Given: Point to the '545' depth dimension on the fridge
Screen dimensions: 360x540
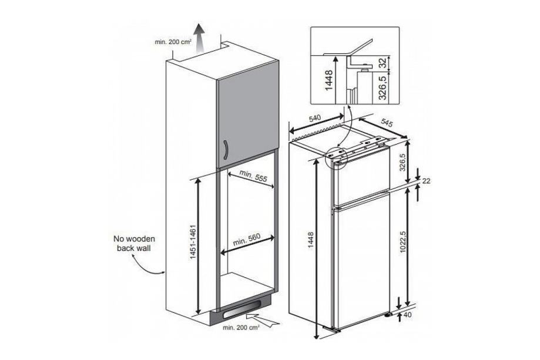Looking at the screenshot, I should [x=386, y=123].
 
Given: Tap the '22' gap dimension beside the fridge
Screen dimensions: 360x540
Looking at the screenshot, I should [x=427, y=181].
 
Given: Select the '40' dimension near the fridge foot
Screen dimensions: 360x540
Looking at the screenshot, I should [x=424, y=315].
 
